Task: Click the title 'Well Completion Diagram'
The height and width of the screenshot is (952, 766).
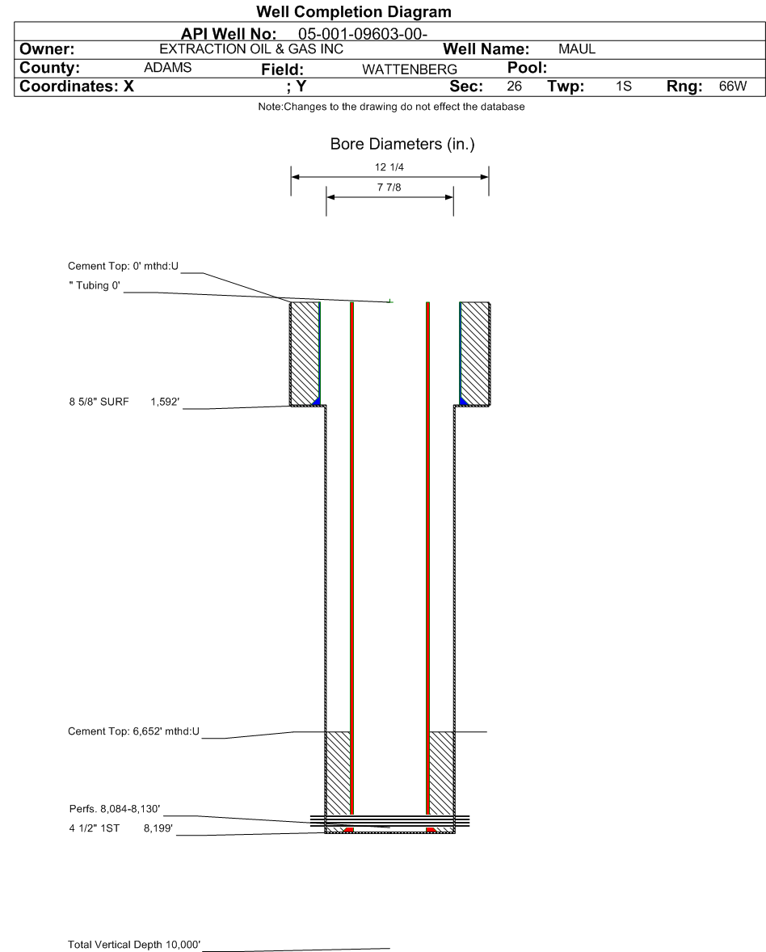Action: click(x=353, y=12)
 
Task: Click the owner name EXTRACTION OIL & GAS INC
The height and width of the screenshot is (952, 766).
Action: click(x=251, y=49)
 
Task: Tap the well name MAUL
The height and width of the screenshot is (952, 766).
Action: click(x=576, y=49)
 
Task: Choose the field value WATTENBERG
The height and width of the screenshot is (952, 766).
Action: click(x=409, y=70)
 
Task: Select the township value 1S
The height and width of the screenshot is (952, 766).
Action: click(x=623, y=86)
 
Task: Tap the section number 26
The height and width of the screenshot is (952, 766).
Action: click(x=514, y=86)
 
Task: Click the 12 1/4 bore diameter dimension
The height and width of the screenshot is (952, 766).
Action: click(x=389, y=167)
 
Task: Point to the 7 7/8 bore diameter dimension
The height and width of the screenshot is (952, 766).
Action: click(x=389, y=187)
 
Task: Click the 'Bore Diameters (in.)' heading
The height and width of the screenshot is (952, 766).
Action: click(x=402, y=145)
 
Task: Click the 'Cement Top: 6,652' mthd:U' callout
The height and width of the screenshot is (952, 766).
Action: click(x=133, y=732)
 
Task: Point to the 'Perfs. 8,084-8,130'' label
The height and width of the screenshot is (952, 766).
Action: click(x=115, y=809)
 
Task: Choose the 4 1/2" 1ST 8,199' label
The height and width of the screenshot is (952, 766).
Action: click(x=114, y=828)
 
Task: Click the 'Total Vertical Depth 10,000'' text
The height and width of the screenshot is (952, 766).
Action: click(x=134, y=944)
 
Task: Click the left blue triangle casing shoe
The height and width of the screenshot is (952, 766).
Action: click(x=317, y=400)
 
